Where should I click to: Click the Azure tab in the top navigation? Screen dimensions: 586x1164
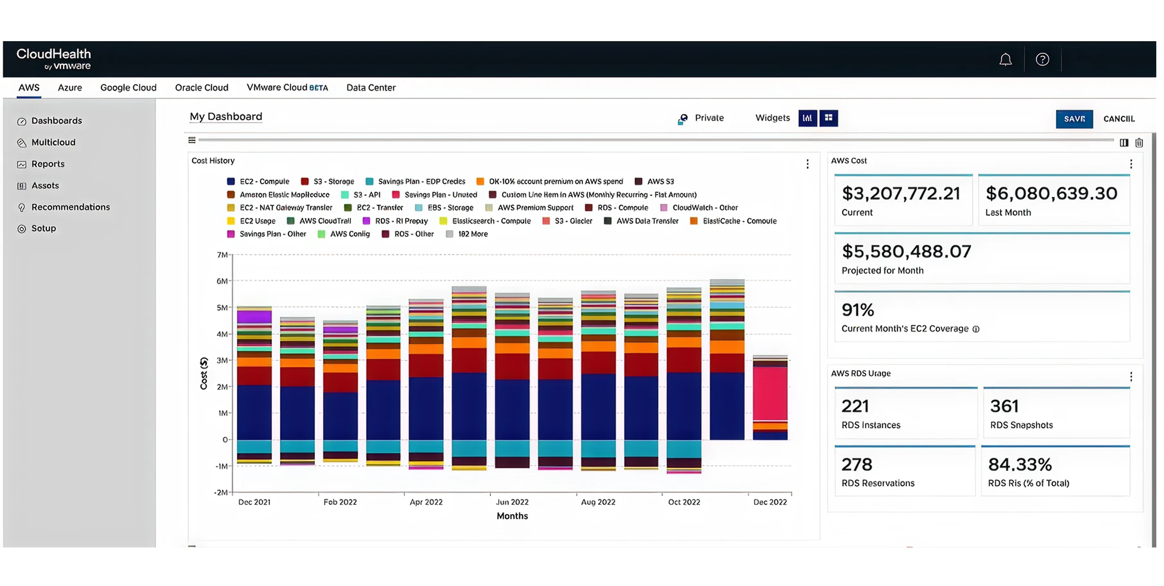pyautogui.click(x=70, y=88)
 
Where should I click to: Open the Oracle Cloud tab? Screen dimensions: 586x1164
pyautogui.click(x=201, y=88)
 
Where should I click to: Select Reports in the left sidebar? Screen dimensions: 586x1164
pyautogui.click(x=48, y=164)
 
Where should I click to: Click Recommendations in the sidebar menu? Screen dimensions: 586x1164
pyautogui.click(x=70, y=207)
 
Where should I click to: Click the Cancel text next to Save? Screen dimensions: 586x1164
pyautogui.click(x=1118, y=119)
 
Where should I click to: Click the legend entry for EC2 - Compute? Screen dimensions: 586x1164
pyautogui.click(x=264, y=182)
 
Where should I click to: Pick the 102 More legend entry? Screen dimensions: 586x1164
pyautogui.click(x=472, y=234)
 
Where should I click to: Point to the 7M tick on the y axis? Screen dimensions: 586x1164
pyautogui.click(x=222, y=255)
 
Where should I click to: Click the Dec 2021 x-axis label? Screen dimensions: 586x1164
pyautogui.click(x=254, y=502)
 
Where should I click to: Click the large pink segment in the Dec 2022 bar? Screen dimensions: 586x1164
pyautogui.click(x=770, y=393)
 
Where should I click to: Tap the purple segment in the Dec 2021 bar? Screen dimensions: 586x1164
pyautogui.click(x=254, y=316)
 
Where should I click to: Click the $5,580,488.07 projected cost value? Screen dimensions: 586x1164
pyautogui.click(x=906, y=252)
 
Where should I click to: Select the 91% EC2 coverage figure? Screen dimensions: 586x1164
pyautogui.click(x=857, y=310)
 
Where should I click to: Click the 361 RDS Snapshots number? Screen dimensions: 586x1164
pyautogui.click(x=1004, y=406)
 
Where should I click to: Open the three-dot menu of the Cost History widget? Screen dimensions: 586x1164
pyautogui.click(x=807, y=164)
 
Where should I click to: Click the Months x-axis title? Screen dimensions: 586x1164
pyautogui.click(x=512, y=516)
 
